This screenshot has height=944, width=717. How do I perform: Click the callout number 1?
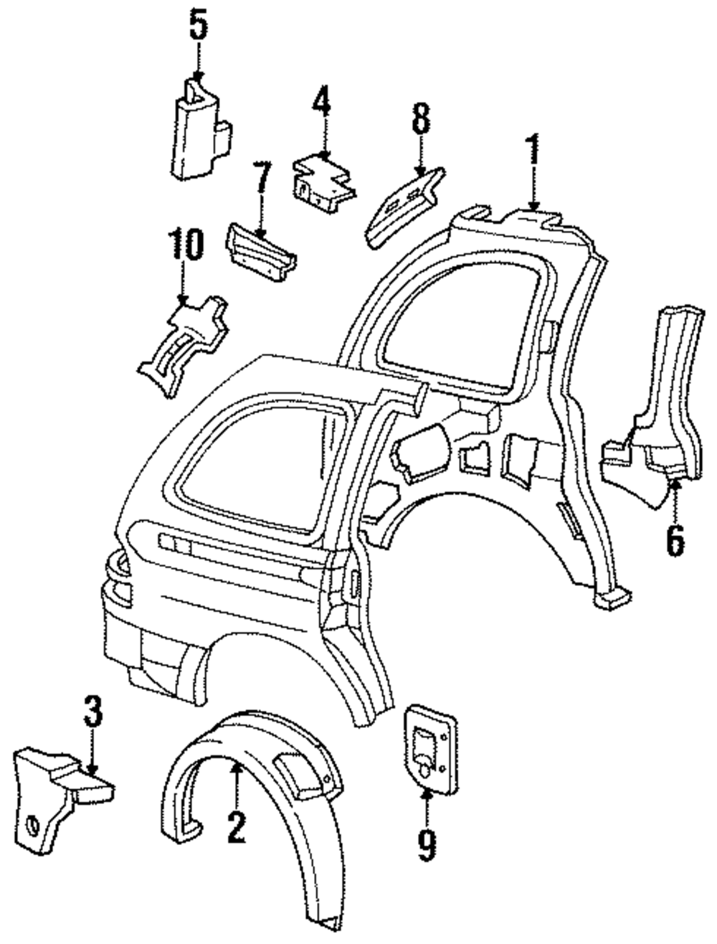click(x=533, y=149)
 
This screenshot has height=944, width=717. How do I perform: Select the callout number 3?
click(x=93, y=711)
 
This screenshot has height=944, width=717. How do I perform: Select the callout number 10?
click(x=185, y=245)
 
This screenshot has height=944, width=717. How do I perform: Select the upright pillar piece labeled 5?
click(x=201, y=128)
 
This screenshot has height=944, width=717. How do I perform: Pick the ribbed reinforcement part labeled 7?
click(x=260, y=252)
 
